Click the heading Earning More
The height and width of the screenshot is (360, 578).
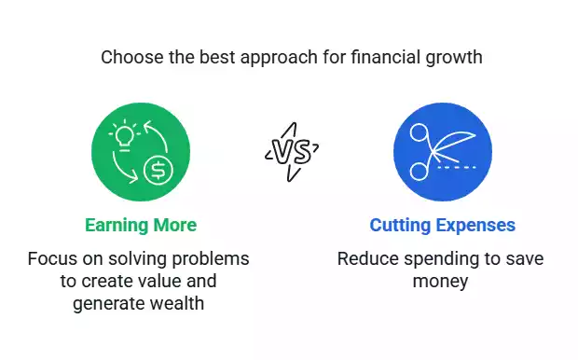140,226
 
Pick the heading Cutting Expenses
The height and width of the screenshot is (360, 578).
442,226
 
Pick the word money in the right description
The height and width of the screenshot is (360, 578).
441,280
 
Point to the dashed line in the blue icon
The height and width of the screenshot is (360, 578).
458,167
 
